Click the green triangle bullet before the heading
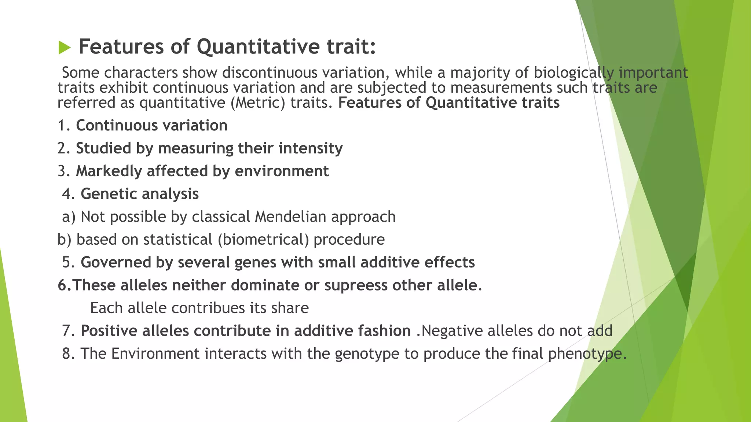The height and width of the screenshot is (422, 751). [x=65, y=48]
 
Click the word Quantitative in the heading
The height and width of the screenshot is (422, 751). [x=258, y=47]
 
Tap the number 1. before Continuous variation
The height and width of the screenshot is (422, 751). [x=64, y=126]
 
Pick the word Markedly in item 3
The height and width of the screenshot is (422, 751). [x=109, y=171]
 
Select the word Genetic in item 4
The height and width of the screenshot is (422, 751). [x=105, y=194]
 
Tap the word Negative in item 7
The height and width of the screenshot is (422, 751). [x=452, y=331]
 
